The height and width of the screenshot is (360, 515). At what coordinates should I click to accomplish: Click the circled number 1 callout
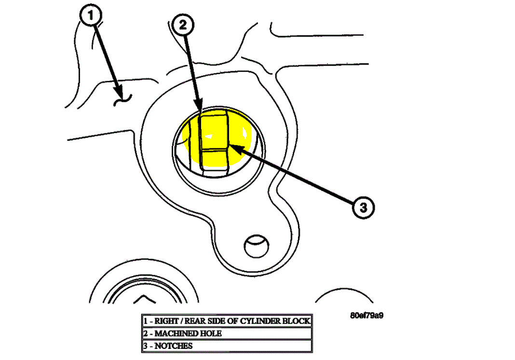coord(91,16)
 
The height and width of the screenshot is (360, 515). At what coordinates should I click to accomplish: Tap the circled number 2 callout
coord(183,25)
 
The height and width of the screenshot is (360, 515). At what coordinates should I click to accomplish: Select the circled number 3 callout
coord(362,208)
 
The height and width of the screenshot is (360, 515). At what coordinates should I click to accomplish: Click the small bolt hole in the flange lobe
coord(256,247)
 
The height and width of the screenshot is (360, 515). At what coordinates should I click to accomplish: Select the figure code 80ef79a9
coord(367,316)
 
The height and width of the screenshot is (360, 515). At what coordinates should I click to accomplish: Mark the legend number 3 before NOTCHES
coord(145,346)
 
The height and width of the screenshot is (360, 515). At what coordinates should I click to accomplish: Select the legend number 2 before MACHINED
coord(145,333)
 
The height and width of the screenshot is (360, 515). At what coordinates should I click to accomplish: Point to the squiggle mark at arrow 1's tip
coord(122,100)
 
